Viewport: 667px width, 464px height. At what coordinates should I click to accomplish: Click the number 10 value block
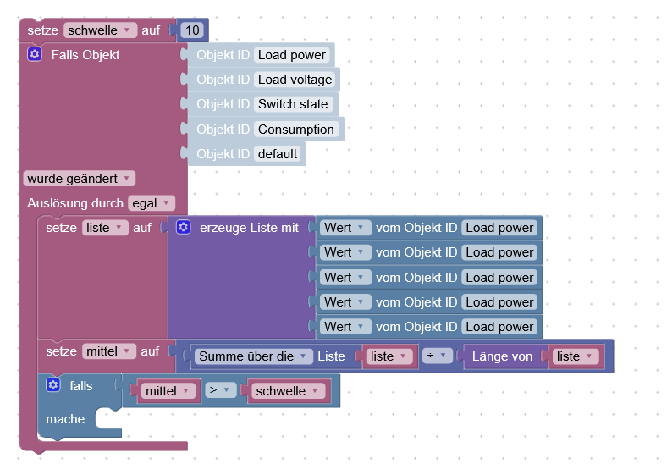pyautogui.click(x=193, y=30)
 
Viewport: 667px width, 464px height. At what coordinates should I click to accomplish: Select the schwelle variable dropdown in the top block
pyautogui.click(x=100, y=30)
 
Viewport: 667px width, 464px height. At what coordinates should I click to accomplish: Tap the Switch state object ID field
pyautogui.click(x=293, y=104)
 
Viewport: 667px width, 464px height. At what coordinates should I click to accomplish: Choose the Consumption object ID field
pyautogui.click(x=296, y=130)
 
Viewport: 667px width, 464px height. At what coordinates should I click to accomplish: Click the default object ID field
pyautogui.click(x=278, y=154)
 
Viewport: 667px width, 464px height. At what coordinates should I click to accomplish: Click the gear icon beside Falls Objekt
pyautogui.click(x=35, y=55)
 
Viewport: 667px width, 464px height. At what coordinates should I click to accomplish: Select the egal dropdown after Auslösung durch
pyautogui.click(x=152, y=203)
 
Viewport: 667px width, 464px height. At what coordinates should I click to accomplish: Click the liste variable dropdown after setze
pyautogui.click(x=105, y=228)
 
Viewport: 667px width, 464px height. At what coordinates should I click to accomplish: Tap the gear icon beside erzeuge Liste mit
pyautogui.click(x=184, y=228)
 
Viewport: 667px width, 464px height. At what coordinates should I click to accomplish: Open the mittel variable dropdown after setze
pyautogui.click(x=109, y=351)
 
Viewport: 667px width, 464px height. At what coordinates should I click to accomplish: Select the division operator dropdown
pyautogui.click(x=437, y=356)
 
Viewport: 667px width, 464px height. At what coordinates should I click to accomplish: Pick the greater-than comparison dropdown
pyautogui.click(x=220, y=391)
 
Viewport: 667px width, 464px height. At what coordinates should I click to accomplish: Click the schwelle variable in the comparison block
pyautogui.click(x=286, y=391)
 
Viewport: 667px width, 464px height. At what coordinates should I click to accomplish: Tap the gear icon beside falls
pyautogui.click(x=53, y=385)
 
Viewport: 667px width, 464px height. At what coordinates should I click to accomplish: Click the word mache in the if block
pyautogui.click(x=65, y=419)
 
